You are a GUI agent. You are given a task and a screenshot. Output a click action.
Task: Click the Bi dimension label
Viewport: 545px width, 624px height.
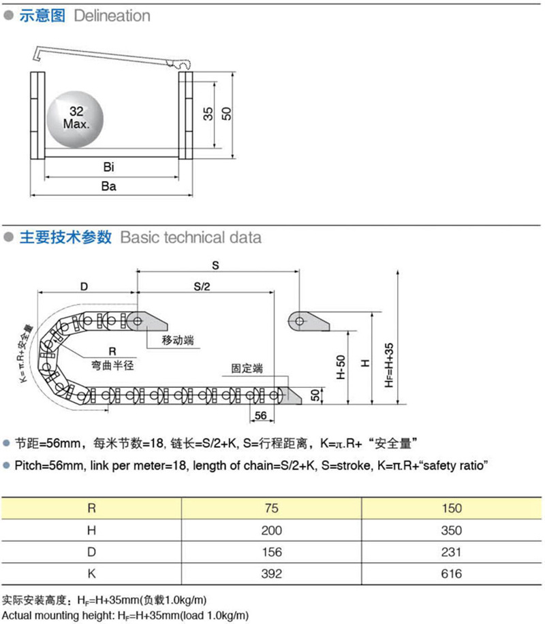[x=109, y=167]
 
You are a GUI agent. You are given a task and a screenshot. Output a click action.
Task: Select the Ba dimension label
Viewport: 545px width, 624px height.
[x=109, y=186]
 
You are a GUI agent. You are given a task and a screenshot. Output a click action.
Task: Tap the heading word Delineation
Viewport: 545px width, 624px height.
[x=112, y=16]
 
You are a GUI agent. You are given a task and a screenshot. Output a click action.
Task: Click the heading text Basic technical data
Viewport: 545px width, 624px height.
[x=190, y=237]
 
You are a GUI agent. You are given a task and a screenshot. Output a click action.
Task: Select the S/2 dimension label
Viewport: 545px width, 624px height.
[x=202, y=287]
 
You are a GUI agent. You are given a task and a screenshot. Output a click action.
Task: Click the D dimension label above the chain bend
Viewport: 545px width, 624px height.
[x=84, y=286]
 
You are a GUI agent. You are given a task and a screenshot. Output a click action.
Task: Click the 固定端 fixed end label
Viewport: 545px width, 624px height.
[x=247, y=368]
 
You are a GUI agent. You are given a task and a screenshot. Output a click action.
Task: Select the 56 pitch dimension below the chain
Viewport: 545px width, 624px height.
[x=260, y=416]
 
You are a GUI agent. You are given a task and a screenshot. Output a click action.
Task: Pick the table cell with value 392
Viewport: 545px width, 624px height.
[x=271, y=574]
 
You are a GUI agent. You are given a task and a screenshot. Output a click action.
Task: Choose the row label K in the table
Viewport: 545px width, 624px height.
[x=92, y=574]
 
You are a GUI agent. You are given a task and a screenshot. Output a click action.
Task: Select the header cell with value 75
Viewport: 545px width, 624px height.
[x=271, y=508]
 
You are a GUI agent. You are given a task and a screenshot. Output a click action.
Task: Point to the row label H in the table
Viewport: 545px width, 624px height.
[x=92, y=530]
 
